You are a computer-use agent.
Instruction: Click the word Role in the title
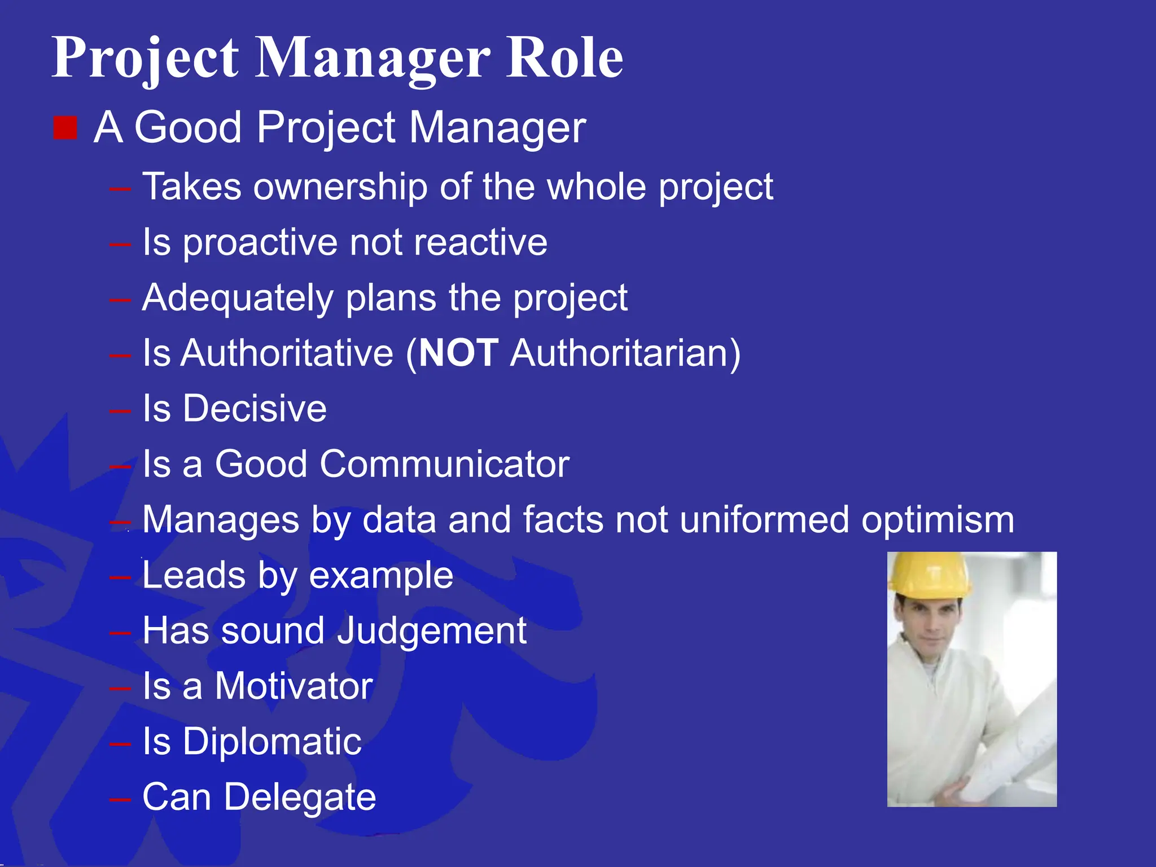(564, 58)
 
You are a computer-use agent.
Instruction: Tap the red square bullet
(65, 128)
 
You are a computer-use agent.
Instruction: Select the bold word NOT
(458, 353)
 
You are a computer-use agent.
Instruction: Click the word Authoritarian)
(625, 353)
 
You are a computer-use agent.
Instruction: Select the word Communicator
(444, 463)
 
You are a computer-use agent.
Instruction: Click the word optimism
(938, 520)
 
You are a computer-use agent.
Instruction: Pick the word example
(381, 576)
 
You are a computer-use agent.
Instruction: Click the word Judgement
(432, 630)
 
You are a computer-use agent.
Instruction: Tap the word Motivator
(294, 686)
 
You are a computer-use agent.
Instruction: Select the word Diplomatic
(272, 741)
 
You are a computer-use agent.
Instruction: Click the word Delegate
(300, 797)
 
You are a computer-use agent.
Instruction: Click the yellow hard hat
(929, 575)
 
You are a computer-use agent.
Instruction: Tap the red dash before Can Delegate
(120, 799)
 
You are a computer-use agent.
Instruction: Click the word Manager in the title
(373, 58)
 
